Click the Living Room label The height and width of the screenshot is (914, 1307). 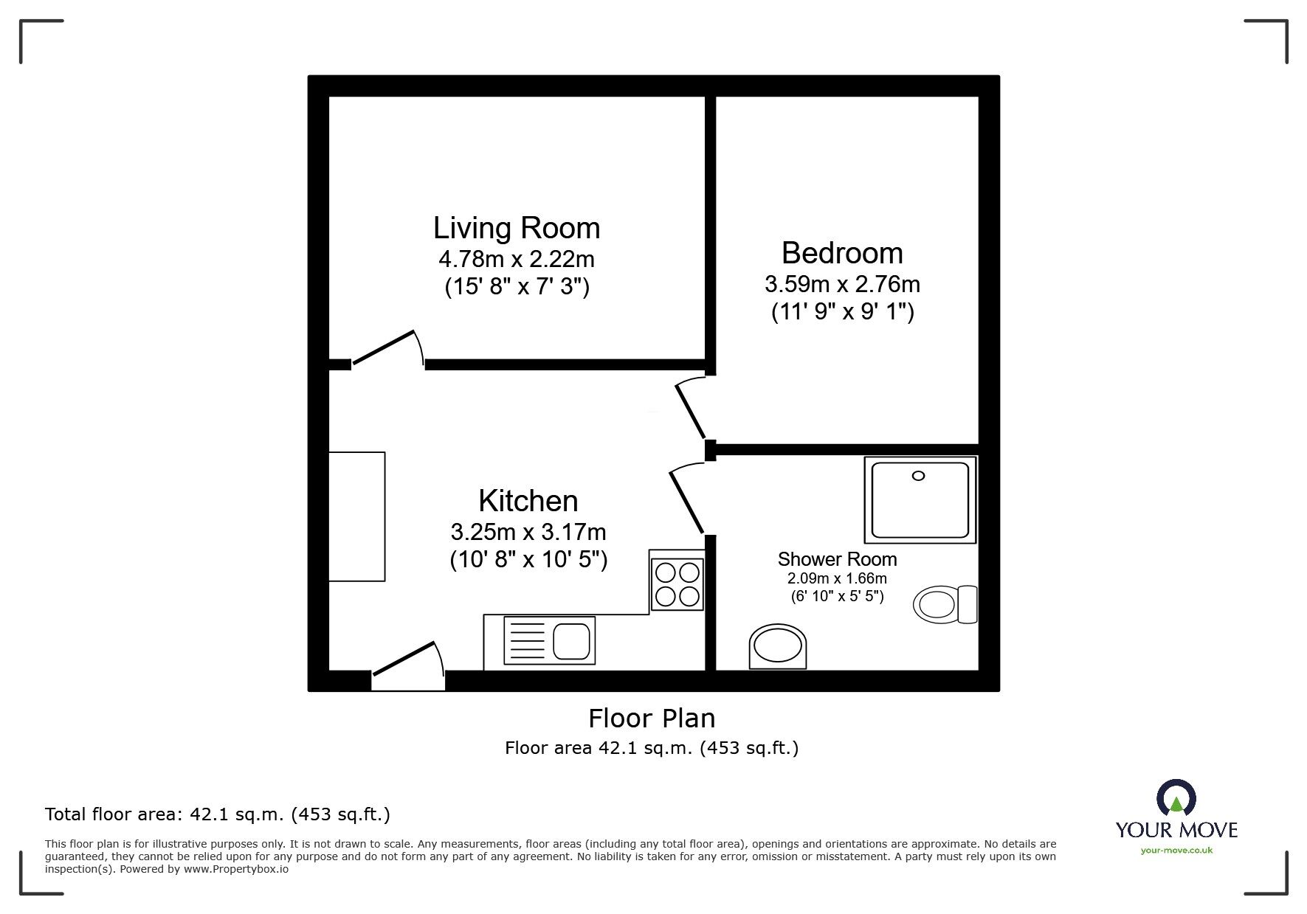tap(517, 228)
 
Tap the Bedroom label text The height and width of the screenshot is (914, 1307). tap(842, 253)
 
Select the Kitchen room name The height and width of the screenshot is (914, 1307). tap(528, 501)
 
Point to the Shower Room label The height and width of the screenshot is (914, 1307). tap(838, 559)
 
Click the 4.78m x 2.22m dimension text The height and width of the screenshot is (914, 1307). tap(517, 260)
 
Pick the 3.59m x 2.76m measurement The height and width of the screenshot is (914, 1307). tap(842, 284)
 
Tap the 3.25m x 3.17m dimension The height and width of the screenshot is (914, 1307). tap(528, 532)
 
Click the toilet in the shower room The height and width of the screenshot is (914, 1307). tap(945, 604)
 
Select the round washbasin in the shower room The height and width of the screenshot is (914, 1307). tap(778, 648)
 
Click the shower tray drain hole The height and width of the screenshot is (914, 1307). tap(918, 476)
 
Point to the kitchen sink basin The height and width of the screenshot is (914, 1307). tap(572, 641)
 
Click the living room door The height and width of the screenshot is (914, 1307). tap(387, 347)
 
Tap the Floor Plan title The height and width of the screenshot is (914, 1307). tap(652, 718)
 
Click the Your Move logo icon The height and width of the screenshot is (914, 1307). tap(1176, 799)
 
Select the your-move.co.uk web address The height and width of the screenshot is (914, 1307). tap(1176, 851)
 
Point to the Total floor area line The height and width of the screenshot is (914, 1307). tap(218, 814)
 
